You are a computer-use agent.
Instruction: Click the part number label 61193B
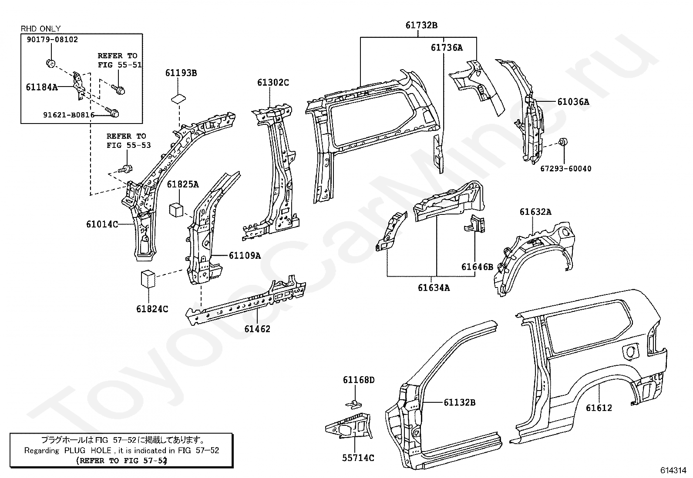click(x=181, y=73)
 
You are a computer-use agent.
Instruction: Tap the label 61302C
click(x=273, y=83)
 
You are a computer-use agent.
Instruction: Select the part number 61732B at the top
click(x=421, y=25)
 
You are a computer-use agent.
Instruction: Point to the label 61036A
click(x=573, y=102)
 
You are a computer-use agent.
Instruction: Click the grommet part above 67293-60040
click(x=563, y=142)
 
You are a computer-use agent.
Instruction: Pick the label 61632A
click(x=535, y=212)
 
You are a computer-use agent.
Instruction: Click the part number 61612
click(x=599, y=408)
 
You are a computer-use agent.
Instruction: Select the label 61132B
click(x=459, y=402)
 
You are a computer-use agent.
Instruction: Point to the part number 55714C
click(x=358, y=458)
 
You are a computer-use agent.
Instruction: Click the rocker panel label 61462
click(x=257, y=329)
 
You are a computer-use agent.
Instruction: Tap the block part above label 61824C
click(x=148, y=279)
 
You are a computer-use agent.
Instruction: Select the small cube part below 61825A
click(x=176, y=210)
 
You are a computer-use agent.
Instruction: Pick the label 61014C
click(x=102, y=224)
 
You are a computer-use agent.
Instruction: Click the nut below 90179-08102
click(x=51, y=64)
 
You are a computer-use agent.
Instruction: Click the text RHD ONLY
click(x=40, y=29)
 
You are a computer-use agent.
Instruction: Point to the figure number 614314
click(x=673, y=470)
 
